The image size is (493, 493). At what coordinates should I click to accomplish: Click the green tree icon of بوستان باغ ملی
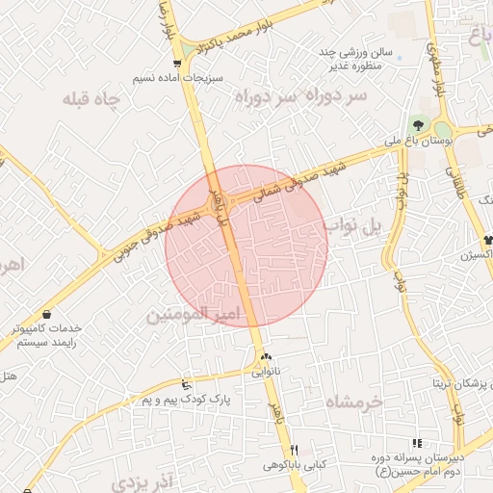coord(418,125)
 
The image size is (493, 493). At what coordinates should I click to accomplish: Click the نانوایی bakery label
coord(267,370)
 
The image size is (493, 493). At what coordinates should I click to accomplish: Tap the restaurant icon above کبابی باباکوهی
coord(296,450)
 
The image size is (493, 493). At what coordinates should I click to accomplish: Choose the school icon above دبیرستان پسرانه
coord(417,443)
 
